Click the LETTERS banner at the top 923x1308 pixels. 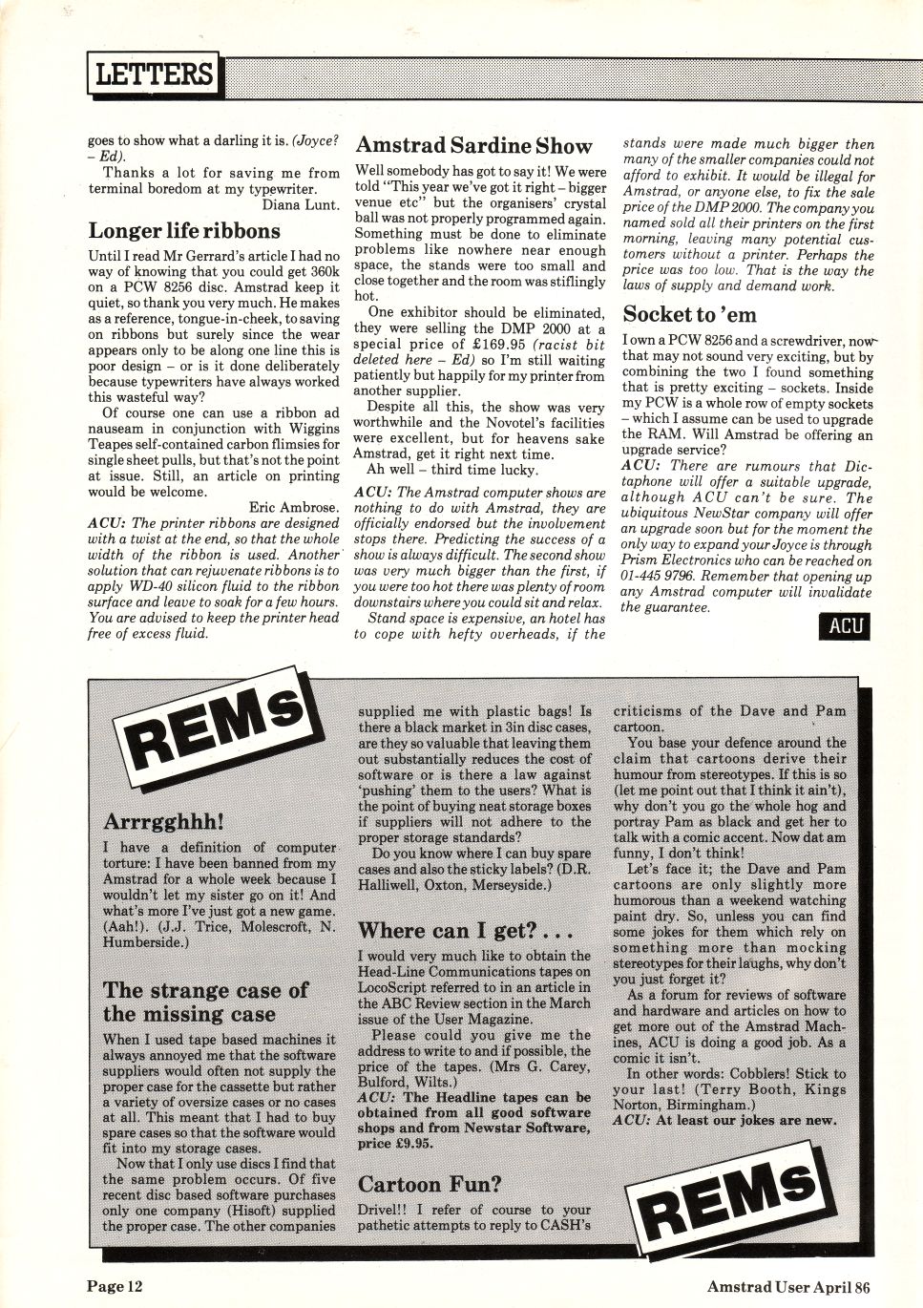153,74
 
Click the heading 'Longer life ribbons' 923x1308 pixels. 184,231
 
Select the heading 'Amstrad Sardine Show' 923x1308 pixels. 473,146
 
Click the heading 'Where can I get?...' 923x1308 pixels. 465,930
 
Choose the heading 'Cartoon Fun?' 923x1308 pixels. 429,1185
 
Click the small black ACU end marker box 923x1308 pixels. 845,626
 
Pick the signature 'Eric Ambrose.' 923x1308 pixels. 293,508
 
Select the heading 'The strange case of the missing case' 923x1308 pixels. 205,1002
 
